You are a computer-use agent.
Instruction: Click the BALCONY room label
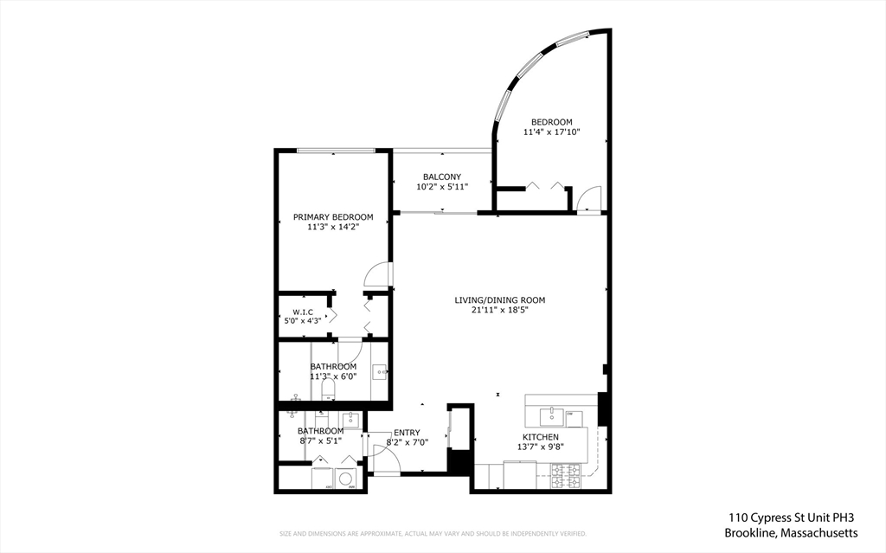[442, 177]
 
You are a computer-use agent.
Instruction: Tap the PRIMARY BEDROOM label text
[333, 217]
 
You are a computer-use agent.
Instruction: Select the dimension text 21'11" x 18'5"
[499, 310]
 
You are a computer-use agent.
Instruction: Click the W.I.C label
[303, 312]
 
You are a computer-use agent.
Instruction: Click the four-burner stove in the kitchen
[566, 476]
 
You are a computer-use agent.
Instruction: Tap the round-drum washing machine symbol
[345, 479]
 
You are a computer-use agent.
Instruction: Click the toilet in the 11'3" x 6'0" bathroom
[328, 389]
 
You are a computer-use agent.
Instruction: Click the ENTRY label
[407, 433]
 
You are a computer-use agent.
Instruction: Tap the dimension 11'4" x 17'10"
[552, 132]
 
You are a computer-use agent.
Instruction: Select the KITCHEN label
[541, 437]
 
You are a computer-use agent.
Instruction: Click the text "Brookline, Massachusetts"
[791, 532]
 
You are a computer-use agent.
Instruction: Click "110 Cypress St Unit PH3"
[791, 517]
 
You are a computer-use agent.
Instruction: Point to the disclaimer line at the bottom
[433, 533]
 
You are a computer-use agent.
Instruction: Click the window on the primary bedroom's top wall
[337, 151]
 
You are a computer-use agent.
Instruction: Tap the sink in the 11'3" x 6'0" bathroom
[380, 372]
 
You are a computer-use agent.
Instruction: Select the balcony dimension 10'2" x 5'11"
[442, 187]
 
